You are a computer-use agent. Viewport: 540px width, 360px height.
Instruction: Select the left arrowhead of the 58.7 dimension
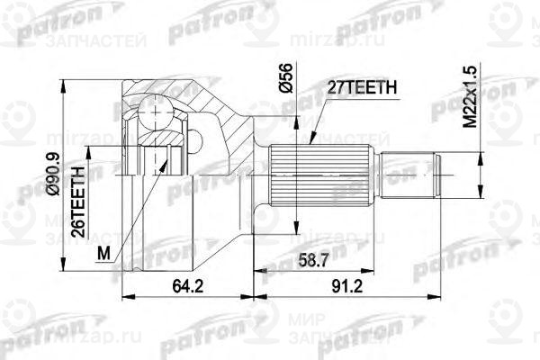click(257, 270)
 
